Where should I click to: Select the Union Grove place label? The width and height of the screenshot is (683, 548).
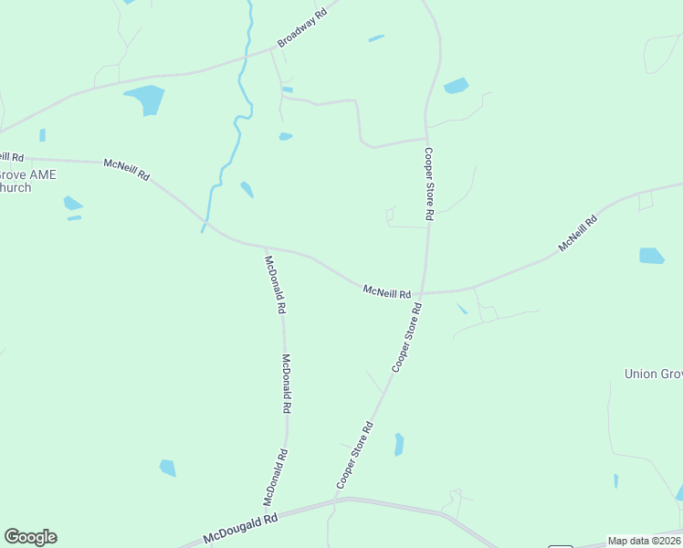[653, 374]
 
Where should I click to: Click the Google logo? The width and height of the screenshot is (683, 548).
[30, 537]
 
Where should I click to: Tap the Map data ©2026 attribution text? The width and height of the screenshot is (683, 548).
[644, 541]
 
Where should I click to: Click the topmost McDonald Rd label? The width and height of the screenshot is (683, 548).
[275, 285]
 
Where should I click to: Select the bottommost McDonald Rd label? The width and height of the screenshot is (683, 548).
[276, 477]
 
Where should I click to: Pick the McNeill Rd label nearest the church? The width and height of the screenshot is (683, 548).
[126, 169]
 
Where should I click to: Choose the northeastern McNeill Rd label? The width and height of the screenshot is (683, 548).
[578, 234]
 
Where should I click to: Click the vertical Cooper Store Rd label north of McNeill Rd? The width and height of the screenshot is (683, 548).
[428, 184]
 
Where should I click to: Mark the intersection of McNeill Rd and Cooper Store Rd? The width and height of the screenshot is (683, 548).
[423, 293]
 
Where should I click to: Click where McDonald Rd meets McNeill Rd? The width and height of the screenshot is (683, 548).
[266, 247]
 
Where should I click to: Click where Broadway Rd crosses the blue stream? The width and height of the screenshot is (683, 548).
[245, 58]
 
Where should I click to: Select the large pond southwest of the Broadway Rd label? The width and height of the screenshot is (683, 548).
[146, 99]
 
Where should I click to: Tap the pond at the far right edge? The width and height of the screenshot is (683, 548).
[652, 256]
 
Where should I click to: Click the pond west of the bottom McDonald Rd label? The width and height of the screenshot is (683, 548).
[167, 468]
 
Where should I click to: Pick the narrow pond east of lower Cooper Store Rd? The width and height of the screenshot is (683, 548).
[399, 445]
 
